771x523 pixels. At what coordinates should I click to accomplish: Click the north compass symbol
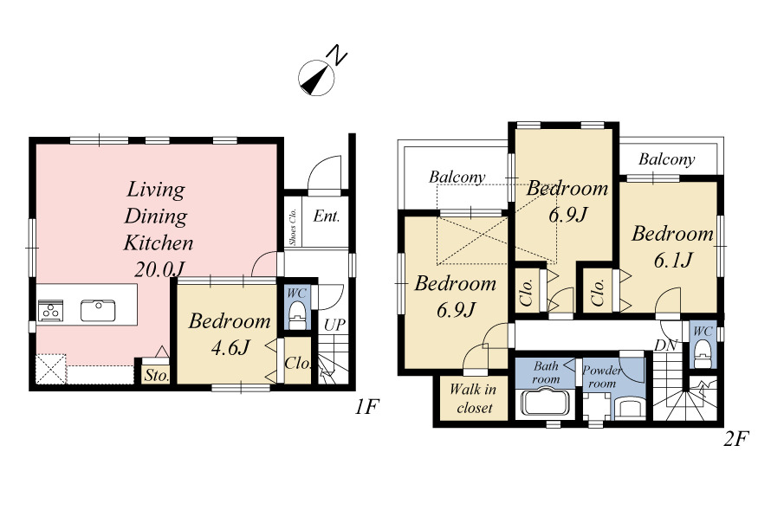point(317,78)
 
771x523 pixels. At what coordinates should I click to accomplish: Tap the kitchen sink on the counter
point(98,311)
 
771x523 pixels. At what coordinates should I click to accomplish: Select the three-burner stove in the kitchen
point(50,311)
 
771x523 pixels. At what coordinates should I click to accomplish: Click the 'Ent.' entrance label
point(327,216)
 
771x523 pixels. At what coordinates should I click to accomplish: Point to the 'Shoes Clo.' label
point(293,227)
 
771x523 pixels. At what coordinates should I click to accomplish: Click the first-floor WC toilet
point(296,314)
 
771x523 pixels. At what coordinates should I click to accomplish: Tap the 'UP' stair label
point(334,325)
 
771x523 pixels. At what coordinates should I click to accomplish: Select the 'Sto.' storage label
point(156,376)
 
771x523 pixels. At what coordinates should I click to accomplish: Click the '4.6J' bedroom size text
point(230,347)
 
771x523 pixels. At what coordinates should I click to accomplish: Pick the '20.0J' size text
point(159,269)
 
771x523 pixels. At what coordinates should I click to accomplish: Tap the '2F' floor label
point(736,438)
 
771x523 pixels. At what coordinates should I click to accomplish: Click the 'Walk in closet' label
point(473,398)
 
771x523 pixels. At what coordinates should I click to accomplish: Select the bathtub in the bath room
point(546,403)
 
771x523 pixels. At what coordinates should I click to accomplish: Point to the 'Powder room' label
point(602,377)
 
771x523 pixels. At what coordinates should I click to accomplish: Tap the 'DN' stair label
point(666,345)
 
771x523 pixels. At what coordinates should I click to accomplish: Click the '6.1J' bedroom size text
point(673,260)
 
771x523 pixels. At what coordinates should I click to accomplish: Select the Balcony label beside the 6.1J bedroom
point(666,159)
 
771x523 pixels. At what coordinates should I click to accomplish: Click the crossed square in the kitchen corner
point(51,369)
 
